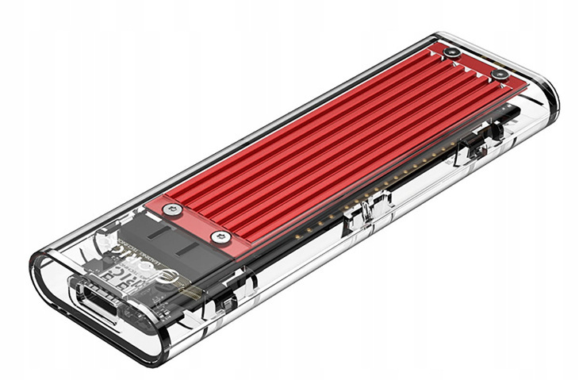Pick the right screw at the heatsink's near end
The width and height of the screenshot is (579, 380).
click(218, 236)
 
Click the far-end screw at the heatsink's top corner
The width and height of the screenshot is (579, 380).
click(451, 52)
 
